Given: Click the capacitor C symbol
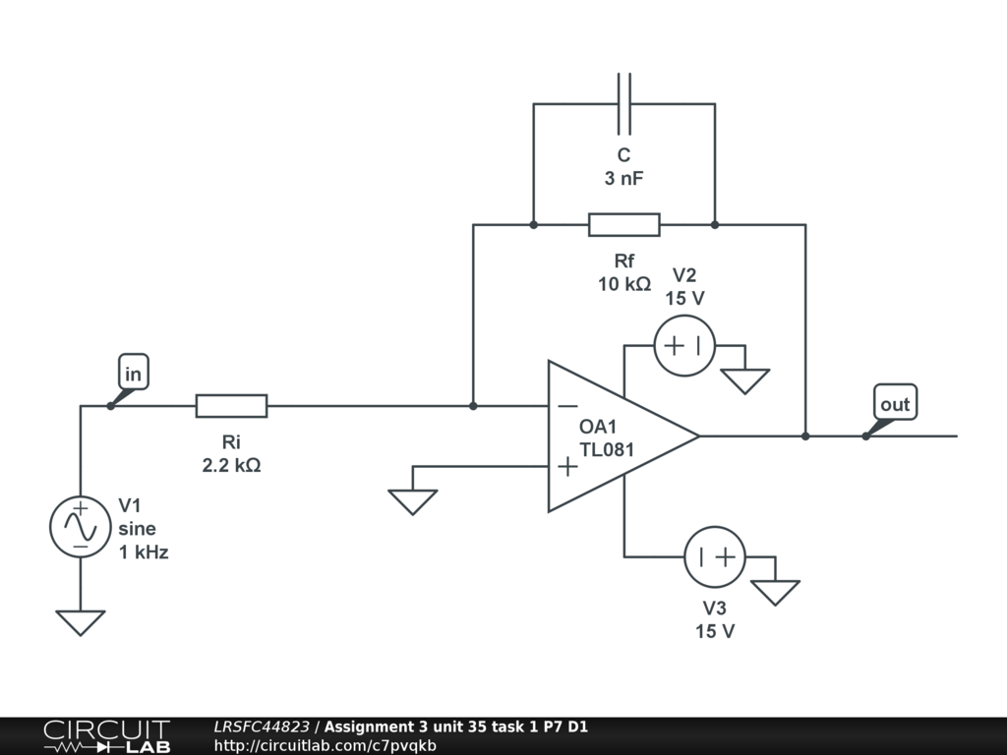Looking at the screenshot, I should tap(623, 103).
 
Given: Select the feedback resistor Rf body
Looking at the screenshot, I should tap(623, 225).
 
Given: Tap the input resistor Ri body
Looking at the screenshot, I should tap(231, 405).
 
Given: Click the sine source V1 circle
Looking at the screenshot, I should tap(81, 526).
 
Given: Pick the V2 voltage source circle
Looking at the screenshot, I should tap(684, 346).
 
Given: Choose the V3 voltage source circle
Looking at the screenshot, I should tap(715, 556).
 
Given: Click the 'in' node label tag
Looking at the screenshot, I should tap(133, 374).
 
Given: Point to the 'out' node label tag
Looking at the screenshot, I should tap(895, 403).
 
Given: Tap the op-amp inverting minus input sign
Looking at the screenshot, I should tap(567, 405).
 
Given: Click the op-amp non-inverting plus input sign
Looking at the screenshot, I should tap(567, 466).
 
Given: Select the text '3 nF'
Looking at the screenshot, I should tap(623, 178).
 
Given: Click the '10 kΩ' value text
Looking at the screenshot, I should tap(623, 284).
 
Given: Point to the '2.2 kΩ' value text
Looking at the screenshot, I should tap(231, 465).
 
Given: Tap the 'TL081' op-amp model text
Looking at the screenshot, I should tap(607, 450).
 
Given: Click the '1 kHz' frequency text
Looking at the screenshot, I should tap(144, 552).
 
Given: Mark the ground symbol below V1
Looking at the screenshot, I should tap(81, 622).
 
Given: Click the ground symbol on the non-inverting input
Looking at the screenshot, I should tap(413, 501).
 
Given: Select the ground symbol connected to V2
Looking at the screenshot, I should tap(744, 380).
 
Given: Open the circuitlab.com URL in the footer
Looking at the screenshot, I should tap(325, 745).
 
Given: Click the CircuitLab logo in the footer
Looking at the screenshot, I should tap(106, 735).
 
